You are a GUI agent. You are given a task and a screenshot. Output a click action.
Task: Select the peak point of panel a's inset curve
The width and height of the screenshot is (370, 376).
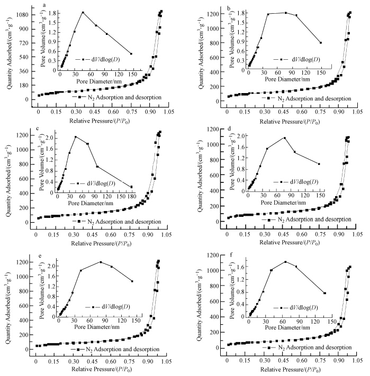(x=83, y=12)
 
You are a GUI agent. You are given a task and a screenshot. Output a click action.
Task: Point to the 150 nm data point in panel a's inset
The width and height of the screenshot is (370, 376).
(x=131, y=53)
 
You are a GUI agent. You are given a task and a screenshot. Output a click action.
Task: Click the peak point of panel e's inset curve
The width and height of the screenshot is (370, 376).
(x=101, y=262)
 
